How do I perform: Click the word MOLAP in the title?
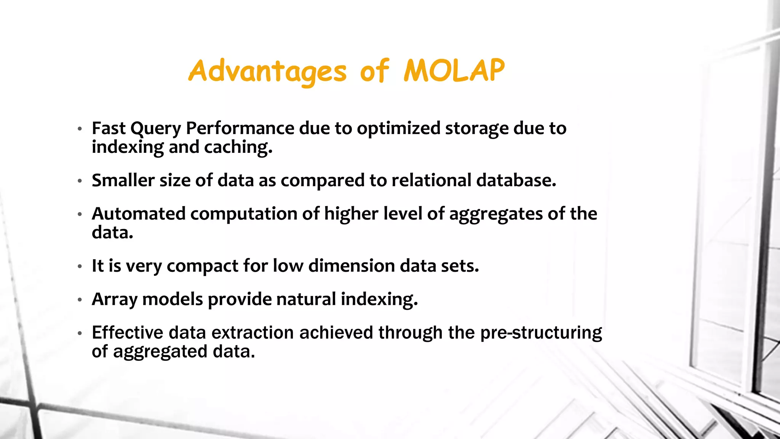454,71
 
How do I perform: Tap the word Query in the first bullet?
155,129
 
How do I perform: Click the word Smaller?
123,180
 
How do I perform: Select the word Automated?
139,214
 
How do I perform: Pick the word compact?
203,266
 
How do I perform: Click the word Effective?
128,333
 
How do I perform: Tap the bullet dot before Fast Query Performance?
80,129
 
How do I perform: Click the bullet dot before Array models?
80,300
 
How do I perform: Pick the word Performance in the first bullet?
240,128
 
